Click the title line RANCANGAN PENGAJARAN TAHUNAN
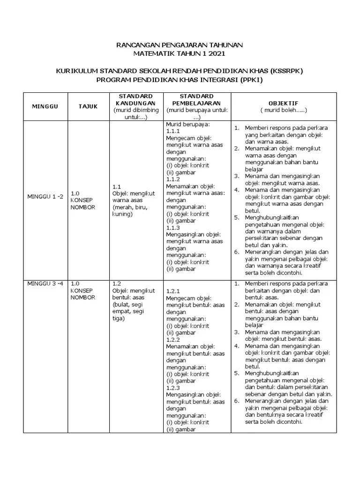click(x=180, y=45)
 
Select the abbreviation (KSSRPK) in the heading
click(x=286, y=71)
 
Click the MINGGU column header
click(x=45, y=106)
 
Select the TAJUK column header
click(x=88, y=106)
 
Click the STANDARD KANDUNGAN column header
click(x=132, y=99)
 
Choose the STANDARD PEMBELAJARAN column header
click(x=196, y=99)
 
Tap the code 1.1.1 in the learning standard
click(x=173, y=132)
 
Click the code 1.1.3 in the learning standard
click(x=173, y=227)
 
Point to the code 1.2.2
click(x=173, y=339)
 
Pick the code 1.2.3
click(x=173, y=388)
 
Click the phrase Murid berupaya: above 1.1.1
click(x=187, y=125)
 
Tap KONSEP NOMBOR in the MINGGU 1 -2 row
click(x=82, y=203)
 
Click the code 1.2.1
click(x=173, y=291)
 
